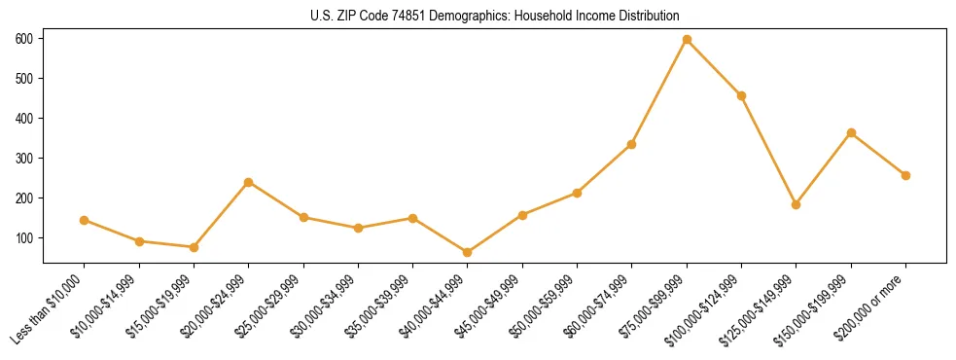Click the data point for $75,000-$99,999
[687, 39]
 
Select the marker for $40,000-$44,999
[468, 252]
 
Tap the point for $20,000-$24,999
[249, 182]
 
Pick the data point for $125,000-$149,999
[796, 204]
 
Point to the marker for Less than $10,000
[85, 220]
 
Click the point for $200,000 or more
[905, 175]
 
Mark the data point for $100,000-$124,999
[741, 95]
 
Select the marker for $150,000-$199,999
[851, 132]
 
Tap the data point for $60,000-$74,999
[631, 144]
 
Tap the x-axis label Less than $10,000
[49, 309]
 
